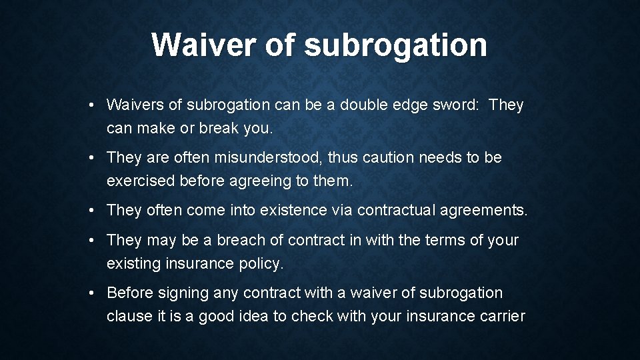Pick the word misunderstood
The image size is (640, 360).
pos(256,157)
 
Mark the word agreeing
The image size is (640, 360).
pos(251,181)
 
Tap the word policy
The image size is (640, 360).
pos(261,263)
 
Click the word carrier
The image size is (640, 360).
pos(501,316)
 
